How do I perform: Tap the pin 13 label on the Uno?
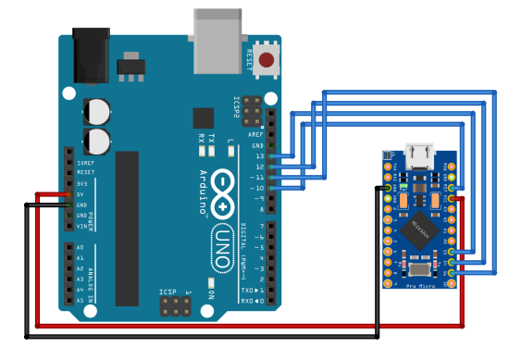tap(257, 156)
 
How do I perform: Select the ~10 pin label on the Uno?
tap(256, 188)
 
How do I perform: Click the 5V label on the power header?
tap(81, 194)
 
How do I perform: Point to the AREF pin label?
tap(255, 135)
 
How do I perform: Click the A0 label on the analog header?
tap(80, 247)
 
